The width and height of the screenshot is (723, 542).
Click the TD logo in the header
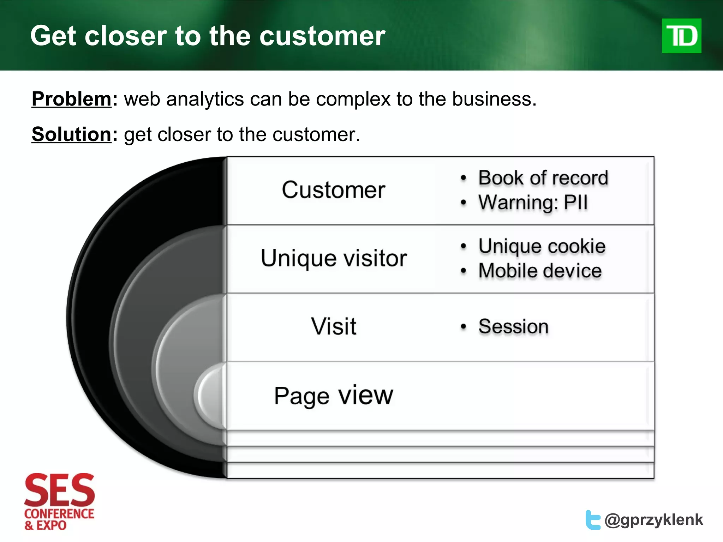681,36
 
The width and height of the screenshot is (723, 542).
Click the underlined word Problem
72,99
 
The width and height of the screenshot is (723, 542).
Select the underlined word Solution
72,134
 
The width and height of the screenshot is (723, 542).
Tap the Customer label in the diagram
333,190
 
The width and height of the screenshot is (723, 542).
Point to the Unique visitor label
334,258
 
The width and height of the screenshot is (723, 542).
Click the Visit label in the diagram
334,326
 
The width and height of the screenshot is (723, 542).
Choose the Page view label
334,396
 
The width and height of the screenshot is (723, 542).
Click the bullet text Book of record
543,178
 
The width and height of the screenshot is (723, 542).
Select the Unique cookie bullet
542,246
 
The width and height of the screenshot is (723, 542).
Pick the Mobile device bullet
540,271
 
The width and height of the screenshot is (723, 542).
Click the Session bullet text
513,326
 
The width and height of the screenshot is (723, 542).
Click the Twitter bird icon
593,520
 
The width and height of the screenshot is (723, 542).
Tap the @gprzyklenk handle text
654,520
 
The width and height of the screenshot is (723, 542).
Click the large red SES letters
59,490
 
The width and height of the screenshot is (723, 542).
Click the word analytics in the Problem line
205,99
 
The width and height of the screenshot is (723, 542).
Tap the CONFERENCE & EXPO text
59,519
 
